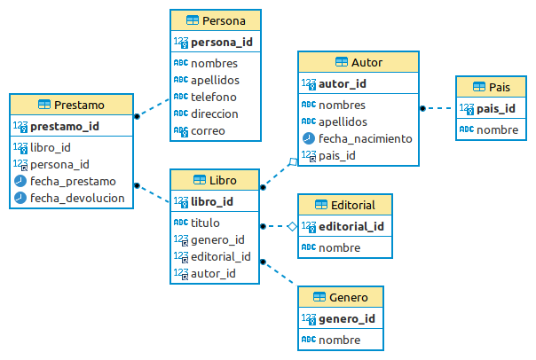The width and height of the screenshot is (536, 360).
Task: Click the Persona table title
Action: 224,20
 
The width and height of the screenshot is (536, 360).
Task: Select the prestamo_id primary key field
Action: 64,127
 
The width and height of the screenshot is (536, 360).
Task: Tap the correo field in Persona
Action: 208,130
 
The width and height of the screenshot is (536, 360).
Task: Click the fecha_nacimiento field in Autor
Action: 366,138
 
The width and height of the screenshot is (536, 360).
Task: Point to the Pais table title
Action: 499,87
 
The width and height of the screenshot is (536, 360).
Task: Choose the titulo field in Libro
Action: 205,223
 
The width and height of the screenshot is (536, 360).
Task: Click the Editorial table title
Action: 351,205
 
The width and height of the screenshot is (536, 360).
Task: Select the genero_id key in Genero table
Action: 346,318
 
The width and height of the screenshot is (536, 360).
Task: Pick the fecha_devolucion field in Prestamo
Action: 77,198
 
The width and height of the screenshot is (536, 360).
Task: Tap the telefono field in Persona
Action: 214,97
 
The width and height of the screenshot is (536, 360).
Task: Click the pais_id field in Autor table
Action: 337,155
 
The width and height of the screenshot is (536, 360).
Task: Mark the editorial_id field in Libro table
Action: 220,256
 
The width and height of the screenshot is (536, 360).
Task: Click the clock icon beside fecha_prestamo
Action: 20,181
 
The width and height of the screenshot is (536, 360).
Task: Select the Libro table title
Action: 223,180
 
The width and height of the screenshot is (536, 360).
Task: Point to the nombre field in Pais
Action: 498,129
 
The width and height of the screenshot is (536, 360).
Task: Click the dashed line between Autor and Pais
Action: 440,108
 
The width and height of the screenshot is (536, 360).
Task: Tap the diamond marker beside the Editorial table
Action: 291,226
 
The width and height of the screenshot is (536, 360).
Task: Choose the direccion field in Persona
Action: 214,113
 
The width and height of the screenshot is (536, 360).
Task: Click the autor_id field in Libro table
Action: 213,273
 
